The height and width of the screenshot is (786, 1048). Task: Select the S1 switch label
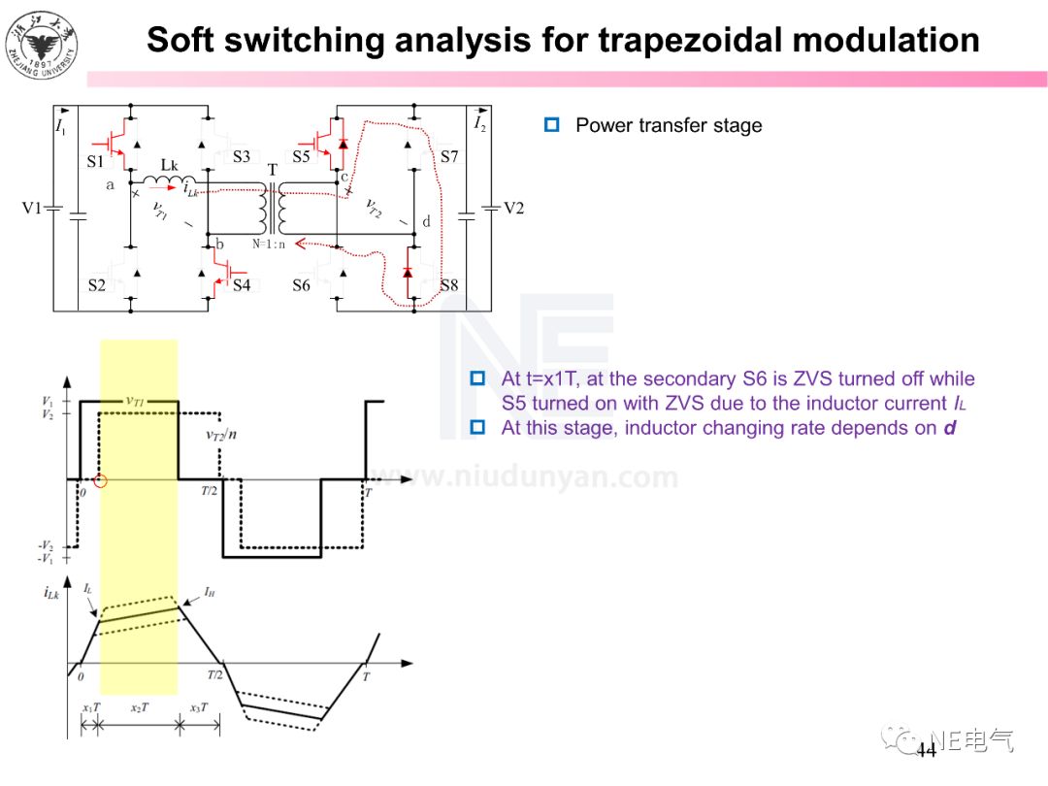[95, 161]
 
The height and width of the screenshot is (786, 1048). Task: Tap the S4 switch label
[241, 285]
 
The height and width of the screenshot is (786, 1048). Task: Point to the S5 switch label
[302, 156]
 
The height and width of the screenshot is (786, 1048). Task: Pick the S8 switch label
[448, 285]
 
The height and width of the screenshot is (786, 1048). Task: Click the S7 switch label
[448, 156]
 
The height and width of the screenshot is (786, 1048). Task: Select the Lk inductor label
[170, 165]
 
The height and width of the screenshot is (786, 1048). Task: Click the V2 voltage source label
[512, 209]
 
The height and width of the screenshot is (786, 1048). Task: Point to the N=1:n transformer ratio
[270, 244]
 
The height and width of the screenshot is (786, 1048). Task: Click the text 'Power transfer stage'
[669, 125]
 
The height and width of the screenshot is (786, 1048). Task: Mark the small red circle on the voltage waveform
[100, 480]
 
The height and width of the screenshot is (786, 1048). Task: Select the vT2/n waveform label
[223, 436]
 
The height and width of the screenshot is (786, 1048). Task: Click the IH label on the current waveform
[210, 590]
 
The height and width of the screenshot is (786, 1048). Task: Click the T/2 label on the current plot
[215, 674]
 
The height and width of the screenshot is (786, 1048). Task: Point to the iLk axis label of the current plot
[52, 592]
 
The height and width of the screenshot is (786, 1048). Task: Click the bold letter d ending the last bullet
[950, 428]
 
